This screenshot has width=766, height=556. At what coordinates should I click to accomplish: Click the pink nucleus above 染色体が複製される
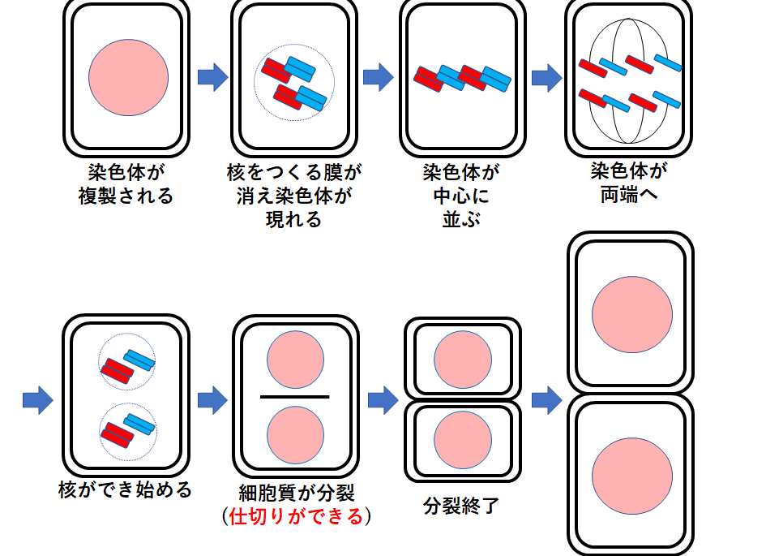point(128,77)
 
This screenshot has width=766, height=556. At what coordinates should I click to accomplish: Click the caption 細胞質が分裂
point(297,493)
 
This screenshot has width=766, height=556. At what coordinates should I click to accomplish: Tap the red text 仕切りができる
point(296,516)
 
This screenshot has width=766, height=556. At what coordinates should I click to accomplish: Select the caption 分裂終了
point(461,506)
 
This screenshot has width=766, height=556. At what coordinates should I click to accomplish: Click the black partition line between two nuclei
point(295,396)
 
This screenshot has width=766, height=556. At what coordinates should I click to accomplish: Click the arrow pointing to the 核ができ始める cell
point(37,399)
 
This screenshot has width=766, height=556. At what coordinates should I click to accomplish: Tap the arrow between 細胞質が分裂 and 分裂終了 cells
point(383,399)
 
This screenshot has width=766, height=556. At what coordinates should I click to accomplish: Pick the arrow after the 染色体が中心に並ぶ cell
point(546,78)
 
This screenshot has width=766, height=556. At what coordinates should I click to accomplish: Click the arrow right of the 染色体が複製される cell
point(212,78)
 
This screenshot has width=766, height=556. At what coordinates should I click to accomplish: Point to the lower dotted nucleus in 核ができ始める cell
point(127,430)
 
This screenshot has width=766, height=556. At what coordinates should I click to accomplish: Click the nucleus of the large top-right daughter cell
point(632,312)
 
